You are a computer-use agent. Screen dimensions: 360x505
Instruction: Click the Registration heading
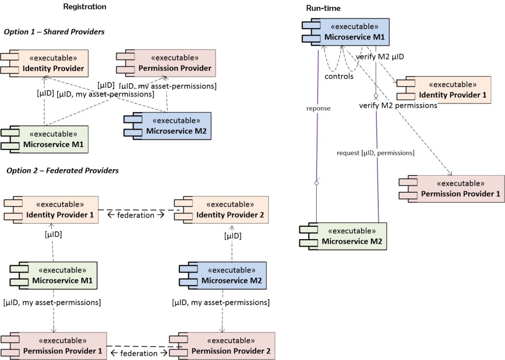tap(85, 7)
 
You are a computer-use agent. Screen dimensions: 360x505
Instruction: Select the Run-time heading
tap(323, 8)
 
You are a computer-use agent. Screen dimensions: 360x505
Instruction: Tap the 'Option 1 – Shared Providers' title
tap(54, 32)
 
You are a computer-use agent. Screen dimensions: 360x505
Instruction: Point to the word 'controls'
tap(339, 76)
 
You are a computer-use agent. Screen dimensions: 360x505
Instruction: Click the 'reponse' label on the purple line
tap(318, 108)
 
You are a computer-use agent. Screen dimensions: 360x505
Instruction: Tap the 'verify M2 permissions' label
tap(398, 105)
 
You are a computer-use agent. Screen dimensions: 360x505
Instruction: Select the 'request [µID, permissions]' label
tap(375, 153)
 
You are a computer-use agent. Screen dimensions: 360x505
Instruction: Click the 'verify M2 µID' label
tap(380, 57)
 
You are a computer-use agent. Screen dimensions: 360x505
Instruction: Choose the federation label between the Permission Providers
tap(140, 353)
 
